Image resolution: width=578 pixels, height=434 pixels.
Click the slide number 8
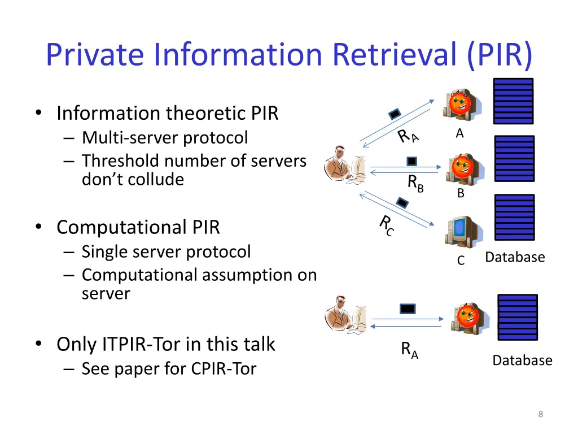pyautogui.click(x=540, y=414)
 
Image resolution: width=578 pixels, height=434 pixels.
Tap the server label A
pyautogui.click(x=459, y=133)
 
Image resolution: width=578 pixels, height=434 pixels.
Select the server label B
pyautogui.click(x=461, y=193)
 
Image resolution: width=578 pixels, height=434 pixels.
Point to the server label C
pyautogui.click(x=461, y=261)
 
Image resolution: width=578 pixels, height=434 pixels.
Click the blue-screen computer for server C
pyautogui.click(x=463, y=232)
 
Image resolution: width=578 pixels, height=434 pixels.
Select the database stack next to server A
pyautogui.click(x=513, y=101)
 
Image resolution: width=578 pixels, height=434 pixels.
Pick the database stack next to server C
pyautogui.click(x=514, y=218)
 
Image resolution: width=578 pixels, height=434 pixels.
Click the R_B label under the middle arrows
pyautogui.click(x=415, y=184)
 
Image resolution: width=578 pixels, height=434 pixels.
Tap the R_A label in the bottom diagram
pyautogui.click(x=410, y=350)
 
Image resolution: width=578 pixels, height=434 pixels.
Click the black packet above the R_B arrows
pyautogui.click(x=411, y=161)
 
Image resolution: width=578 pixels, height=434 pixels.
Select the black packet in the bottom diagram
pyautogui.click(x=408, y=309)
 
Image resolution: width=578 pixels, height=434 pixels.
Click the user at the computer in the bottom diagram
pyautogui.click(x=346, y=315)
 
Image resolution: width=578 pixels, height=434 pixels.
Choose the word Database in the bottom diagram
pyautogui.click(x=522, y=360)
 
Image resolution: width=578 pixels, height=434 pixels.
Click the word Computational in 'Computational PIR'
pyautogui.click(x=121, y=227)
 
